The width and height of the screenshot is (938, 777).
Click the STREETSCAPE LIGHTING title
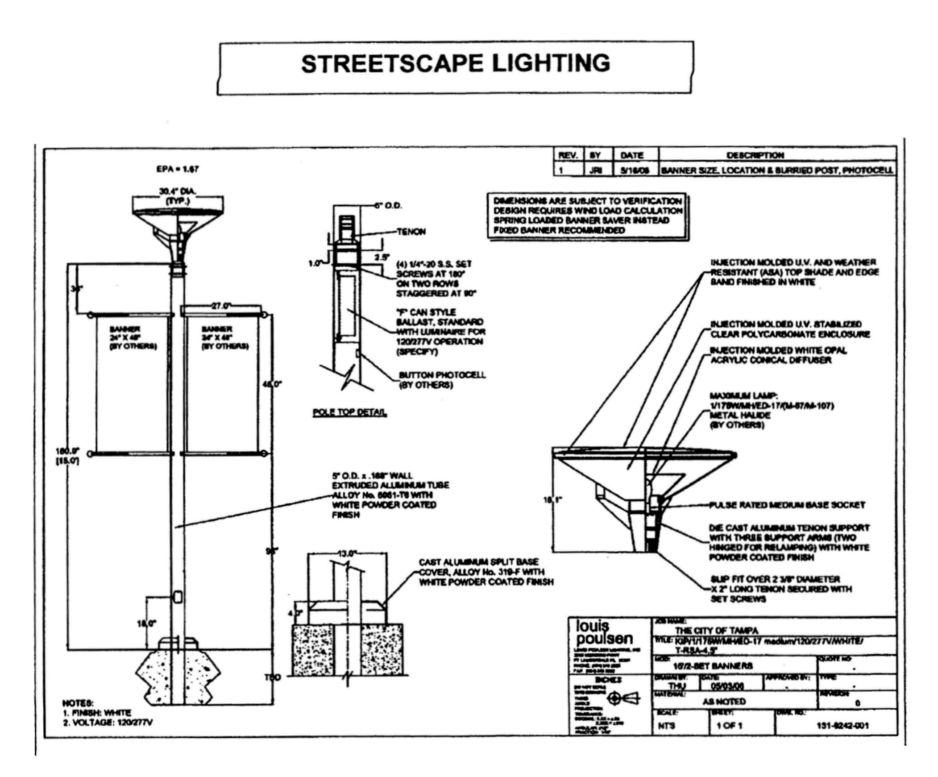pos(456,63)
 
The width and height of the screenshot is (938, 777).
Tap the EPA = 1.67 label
pos(178,169)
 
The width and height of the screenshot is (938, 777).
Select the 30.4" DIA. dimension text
pos(178,191)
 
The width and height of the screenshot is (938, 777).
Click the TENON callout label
pos(411,232)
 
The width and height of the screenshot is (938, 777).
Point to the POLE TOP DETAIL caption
pos(350,412)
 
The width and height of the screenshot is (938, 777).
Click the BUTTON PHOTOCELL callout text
pos(442,375)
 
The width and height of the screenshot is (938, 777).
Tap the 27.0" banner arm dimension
pos(220,306)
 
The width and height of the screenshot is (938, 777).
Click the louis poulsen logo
pos(604,632)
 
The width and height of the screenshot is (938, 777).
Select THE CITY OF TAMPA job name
pos(717,631)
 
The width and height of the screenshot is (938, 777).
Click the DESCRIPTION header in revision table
pos(755,155)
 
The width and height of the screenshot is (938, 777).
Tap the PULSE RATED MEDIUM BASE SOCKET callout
pos(787,505)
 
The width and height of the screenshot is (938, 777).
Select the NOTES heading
pos(78,703)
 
